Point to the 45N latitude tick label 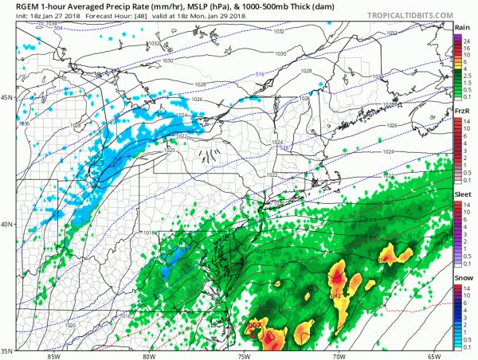coord(8,98)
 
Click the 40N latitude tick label coord(8,224)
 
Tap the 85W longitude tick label coord(53,355)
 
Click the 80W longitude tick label coord(148,355)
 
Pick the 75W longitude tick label coord(243,355)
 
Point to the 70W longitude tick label coord(338,355)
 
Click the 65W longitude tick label coord(433,355)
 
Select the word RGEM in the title coord(18,6)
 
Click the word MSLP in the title coord(178,6)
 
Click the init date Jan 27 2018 coord(44,17)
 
